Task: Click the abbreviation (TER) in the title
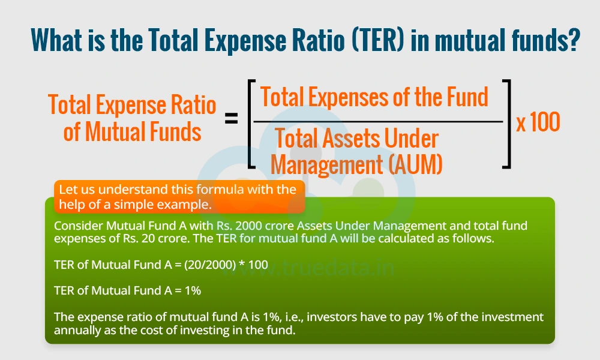tap(378, 40)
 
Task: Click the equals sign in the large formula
tap(231, 118)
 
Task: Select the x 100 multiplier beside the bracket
tap(538, 122)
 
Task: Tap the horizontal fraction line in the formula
tap(378, 121)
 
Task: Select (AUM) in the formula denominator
tap(415, 164)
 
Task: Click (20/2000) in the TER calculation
tap(209, 265)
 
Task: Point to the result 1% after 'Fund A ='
tap(193, 290)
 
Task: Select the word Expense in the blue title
tap(245, 40)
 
